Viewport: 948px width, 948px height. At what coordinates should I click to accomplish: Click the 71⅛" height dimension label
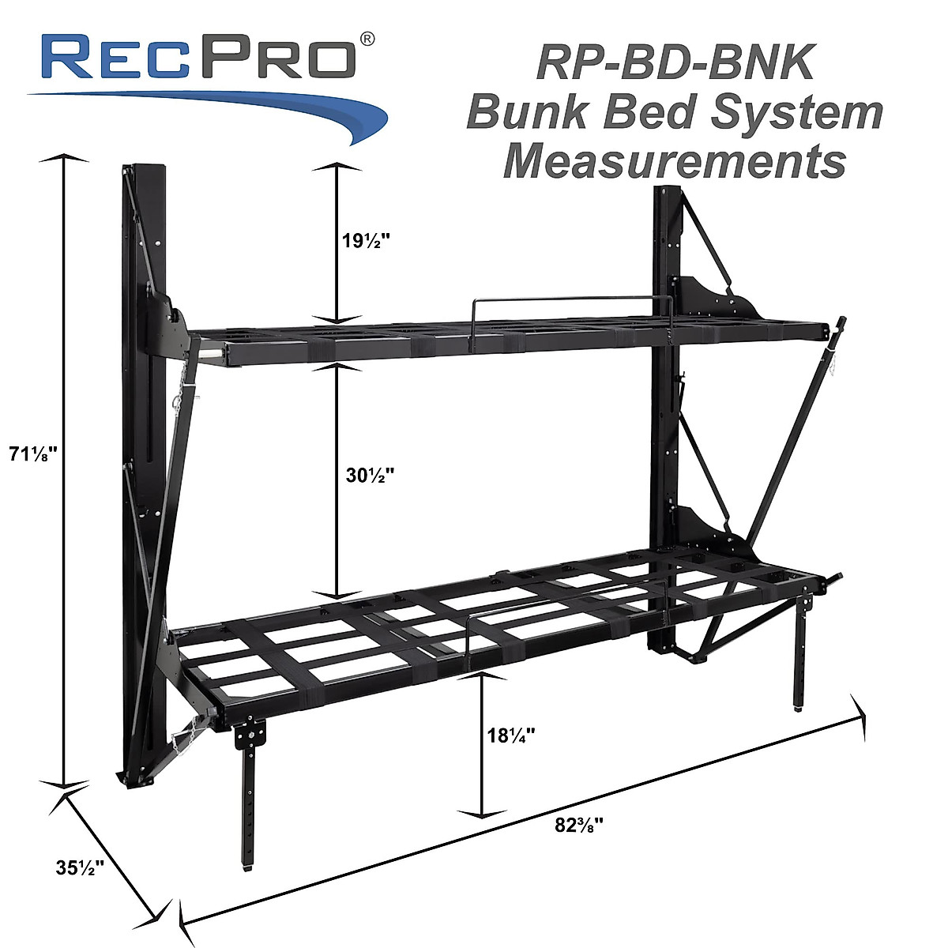click(34, 453)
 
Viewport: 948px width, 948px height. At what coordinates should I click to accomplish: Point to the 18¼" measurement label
click(511, 734)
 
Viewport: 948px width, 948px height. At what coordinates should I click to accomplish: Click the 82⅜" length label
click(579, 826)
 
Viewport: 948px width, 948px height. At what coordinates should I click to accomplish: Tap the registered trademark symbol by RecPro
click(367, 39)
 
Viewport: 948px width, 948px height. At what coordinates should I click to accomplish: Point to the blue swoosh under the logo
click(237, 107)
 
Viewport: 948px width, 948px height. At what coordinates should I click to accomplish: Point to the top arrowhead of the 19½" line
click(338, 167)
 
